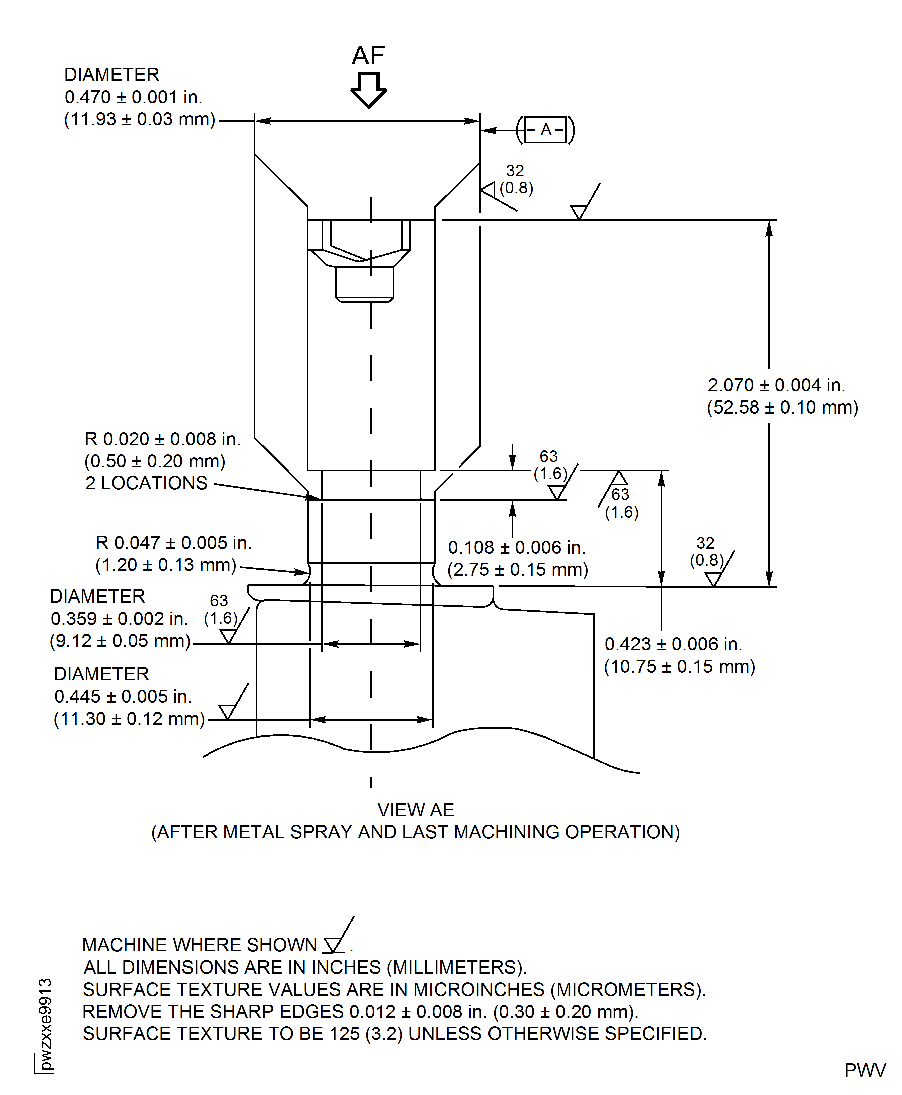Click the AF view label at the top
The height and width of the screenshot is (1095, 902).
pos(368,55)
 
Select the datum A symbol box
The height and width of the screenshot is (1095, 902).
pos(545,130)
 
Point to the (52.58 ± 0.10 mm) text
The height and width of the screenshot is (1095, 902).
pos(782,407)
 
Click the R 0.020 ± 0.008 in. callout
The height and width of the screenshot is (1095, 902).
pos(163,439)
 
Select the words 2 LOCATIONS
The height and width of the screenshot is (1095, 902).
pos(147,483)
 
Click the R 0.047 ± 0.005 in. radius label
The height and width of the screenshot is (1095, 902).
pos(173,543)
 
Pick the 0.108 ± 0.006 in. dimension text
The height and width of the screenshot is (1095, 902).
pos(517,548)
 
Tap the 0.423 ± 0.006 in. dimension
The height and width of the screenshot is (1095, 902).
pos(673,644)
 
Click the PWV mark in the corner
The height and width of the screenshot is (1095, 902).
pos(865,1070)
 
